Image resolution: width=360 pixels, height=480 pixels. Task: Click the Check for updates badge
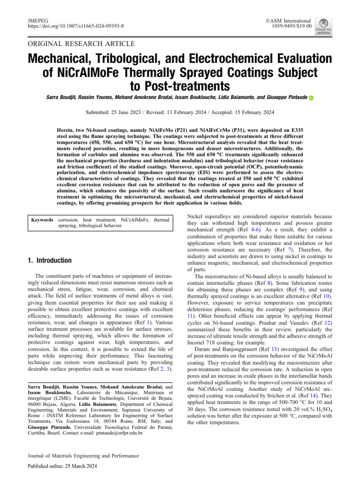[x=323, y=26]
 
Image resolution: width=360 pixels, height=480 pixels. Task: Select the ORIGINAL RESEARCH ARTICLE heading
[x=82, y=44]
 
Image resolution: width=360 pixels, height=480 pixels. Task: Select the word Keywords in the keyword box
[x=42, y=220]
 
